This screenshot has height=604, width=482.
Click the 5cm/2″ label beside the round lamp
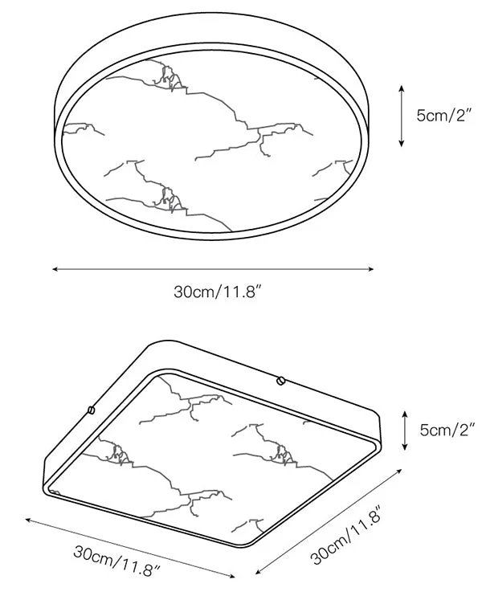click(444, 115)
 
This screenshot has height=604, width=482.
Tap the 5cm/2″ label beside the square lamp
click(447, 430)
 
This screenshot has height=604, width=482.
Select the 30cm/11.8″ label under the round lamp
click(218, 292)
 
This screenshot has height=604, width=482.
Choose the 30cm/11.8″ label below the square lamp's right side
click(345, 536)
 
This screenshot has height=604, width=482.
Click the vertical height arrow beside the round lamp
click(401, 116)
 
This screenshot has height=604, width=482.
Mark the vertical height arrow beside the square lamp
click(404, 431)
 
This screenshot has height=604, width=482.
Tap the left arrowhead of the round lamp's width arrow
click(55, 269)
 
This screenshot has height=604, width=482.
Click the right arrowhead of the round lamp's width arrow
click(371, 269)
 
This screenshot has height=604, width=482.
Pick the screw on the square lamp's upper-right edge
click(280, 381)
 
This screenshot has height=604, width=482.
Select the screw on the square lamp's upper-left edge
click(92, 410)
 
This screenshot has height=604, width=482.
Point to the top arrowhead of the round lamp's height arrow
click(401, 88)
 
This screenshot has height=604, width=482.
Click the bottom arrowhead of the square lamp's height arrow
click(404, 447)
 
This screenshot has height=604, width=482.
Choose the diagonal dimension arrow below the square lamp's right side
click(329, 522)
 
